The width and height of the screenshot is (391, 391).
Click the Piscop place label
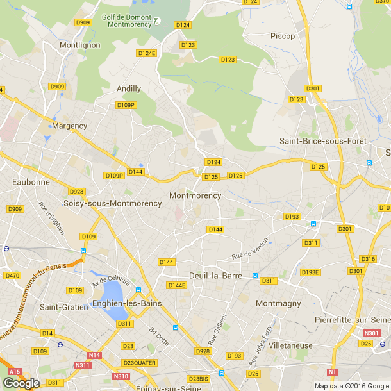(x=283, y=36)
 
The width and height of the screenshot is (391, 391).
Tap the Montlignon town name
(x=79, y=46)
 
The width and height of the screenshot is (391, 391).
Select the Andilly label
(x=129, y=88)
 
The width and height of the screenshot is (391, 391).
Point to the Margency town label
(x=69, y=126)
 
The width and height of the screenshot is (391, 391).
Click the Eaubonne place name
(x=31, y=182)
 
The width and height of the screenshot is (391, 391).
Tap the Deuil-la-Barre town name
(x=214, y=276)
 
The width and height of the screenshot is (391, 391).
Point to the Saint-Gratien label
(x=64, y=307)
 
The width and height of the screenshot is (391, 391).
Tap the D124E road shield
(x=147, y=53)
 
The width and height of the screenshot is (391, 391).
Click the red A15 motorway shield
(x=15, y=371)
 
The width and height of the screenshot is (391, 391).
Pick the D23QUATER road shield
(x=140, y=363)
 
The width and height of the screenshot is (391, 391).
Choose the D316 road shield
(x=368, y=258)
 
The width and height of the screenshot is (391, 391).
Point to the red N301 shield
(x=370, y=333)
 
